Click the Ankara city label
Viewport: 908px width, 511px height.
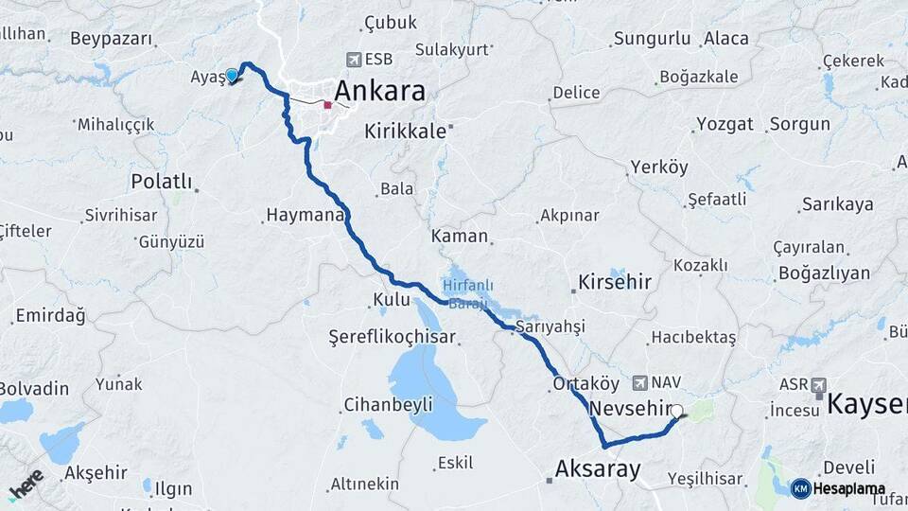point(379,91)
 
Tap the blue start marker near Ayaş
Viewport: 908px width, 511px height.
point(232,75)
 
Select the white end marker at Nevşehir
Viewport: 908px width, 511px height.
point(677,411)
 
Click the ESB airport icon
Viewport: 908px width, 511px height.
point(355,60)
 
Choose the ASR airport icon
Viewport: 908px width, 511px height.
point(819,384)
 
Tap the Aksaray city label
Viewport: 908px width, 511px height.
point(598,467)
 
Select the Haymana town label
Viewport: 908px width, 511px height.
point(303,216)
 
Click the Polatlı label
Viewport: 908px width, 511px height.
point(162,181)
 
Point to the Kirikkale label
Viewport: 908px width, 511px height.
point(405,132)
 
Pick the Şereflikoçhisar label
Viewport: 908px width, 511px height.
point(392,337)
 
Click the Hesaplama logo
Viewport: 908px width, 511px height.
point(839,488)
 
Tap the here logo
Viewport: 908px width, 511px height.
point(26,483)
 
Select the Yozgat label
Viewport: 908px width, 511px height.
point(725,124)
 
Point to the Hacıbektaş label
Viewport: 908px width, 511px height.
point(693,338)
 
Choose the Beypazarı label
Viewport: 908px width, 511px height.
point(111,39)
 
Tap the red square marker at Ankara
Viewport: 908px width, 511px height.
point(327,105)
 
